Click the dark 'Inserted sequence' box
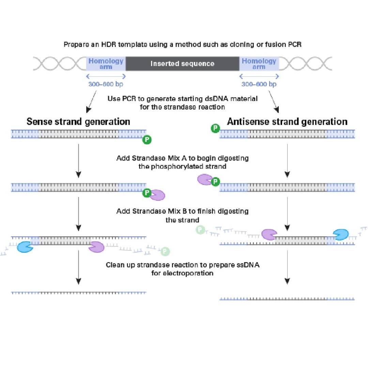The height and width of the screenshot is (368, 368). click(x=182, y=64)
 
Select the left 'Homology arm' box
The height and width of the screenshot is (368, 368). click(x=106, y=64)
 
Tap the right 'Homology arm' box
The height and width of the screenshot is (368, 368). click(x=259, y=64)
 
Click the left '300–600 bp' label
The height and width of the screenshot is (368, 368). click(x=106, y=84)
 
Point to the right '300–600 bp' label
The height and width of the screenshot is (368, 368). click(x=259, y=84)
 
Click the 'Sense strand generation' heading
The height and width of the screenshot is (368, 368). click(x=78, y=122)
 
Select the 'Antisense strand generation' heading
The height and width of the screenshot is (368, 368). click(x=287, y=122)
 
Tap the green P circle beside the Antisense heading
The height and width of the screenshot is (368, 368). click(x=215, y=128)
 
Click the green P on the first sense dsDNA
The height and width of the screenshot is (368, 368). click(x=147, y=139)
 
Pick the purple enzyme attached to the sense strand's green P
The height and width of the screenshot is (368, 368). click(x=158, y=195)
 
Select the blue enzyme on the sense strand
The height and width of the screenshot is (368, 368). click(x=25, y=247)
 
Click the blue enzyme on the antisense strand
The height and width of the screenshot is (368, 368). click(x=340, y=234)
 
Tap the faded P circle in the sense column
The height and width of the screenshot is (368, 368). click(x=165, y=252)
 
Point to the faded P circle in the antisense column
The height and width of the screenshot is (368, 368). click(x=200, y=230)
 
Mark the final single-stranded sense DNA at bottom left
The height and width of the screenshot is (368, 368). click(x=78, y=293)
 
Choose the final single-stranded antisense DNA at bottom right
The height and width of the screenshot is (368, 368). click(x=287, y=299)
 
